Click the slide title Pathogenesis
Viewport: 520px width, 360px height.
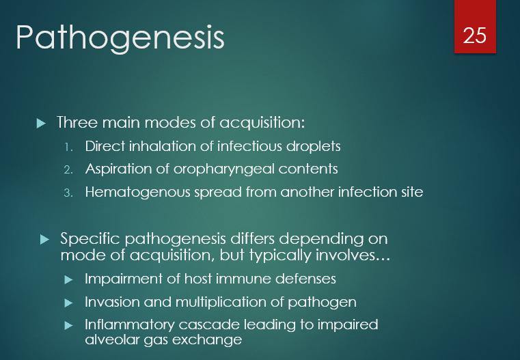[x=120, y=38]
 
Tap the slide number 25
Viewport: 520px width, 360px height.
[x=475, y=35]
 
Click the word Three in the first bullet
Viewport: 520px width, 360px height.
[x=77, y=123]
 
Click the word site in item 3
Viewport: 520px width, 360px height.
[x=411, y=192]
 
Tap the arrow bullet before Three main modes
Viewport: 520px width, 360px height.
[x=41, y=124]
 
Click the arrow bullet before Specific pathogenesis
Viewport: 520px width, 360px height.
[x=45, y=239]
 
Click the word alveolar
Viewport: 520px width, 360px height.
[x=110, y=339]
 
